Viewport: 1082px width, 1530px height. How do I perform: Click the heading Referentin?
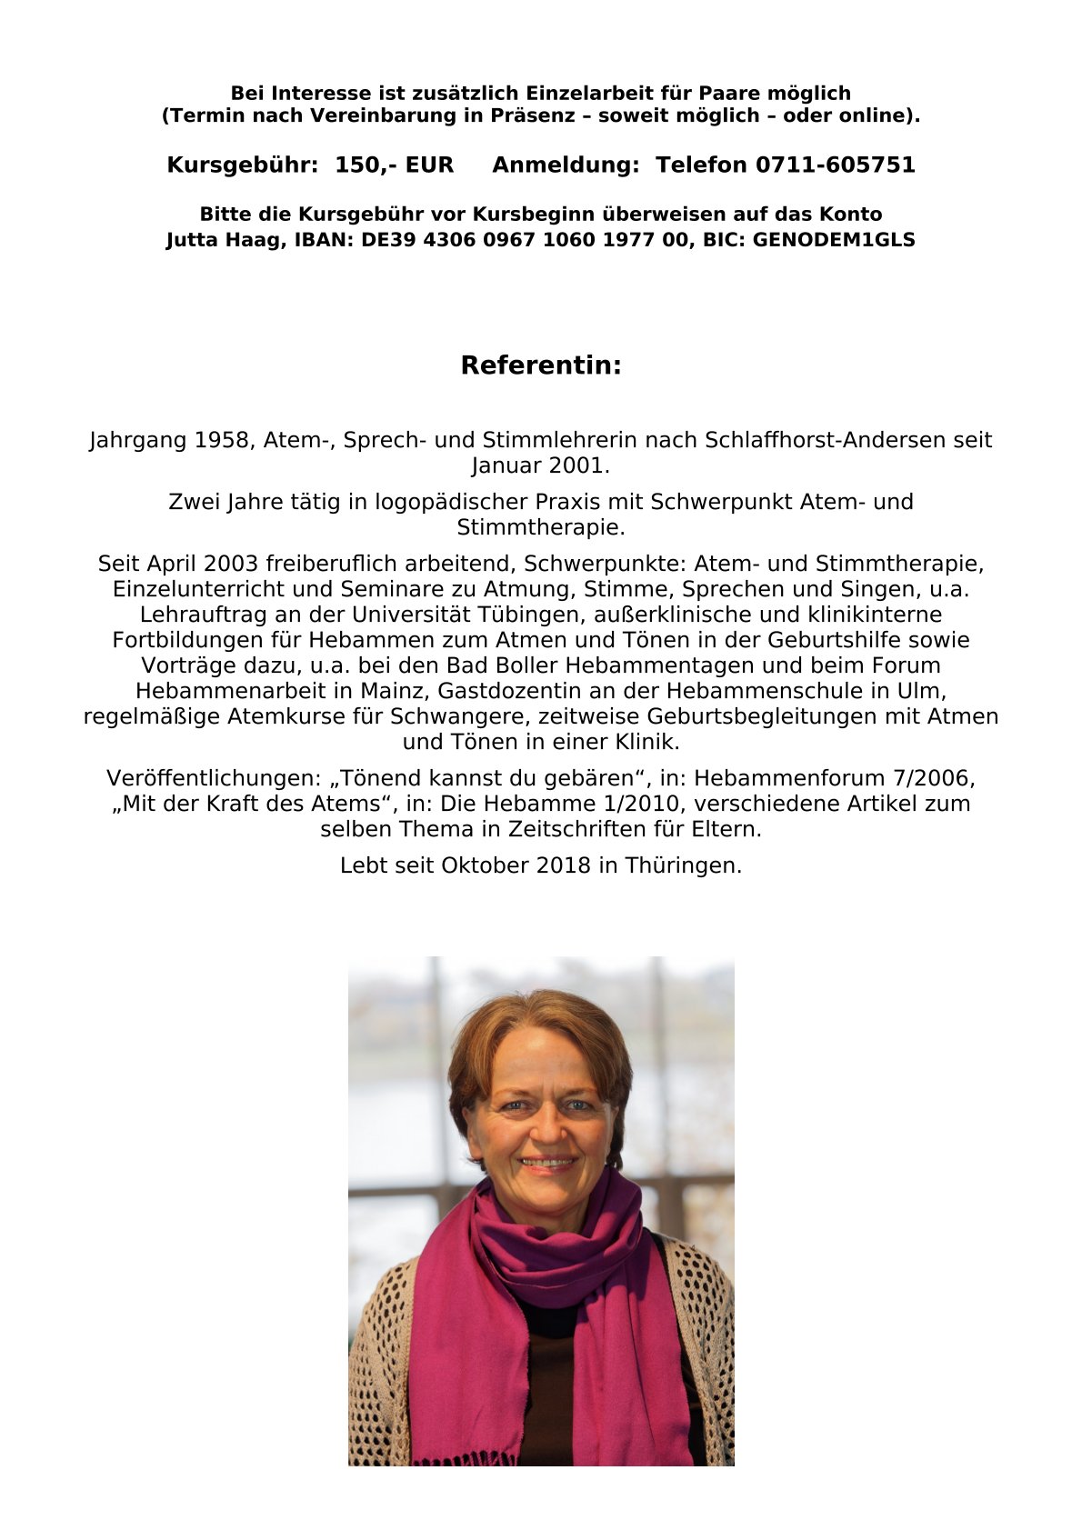[541, 365]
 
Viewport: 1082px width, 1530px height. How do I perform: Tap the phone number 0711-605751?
[835, 165]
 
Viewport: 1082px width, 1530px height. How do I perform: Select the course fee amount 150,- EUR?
[394, 165]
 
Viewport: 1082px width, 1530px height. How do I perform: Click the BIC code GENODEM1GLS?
[834, 240]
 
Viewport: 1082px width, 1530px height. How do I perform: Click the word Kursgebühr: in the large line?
[242, 165]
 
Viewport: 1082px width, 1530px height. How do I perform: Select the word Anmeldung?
[566, 165]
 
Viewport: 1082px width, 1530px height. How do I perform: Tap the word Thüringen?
[683, 865]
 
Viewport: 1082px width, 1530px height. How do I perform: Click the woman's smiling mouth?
[547, 1163]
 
